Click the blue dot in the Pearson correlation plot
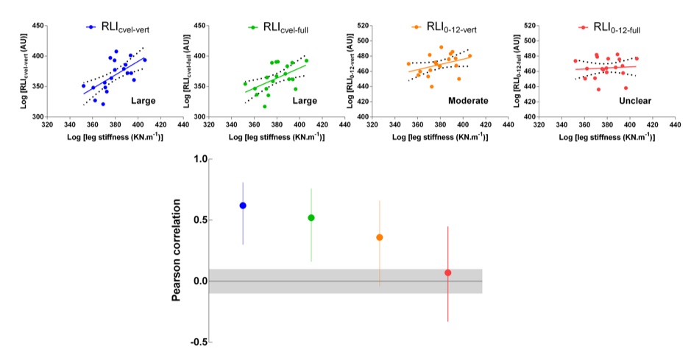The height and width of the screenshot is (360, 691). (242, 205)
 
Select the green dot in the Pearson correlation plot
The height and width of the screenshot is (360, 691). (311, 218)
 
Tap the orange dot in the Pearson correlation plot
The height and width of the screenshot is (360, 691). (380, 237)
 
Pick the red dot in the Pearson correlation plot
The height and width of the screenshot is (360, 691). (447, 272)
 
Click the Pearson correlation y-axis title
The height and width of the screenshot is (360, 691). (177, 250)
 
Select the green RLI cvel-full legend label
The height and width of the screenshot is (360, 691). (280, 27)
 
